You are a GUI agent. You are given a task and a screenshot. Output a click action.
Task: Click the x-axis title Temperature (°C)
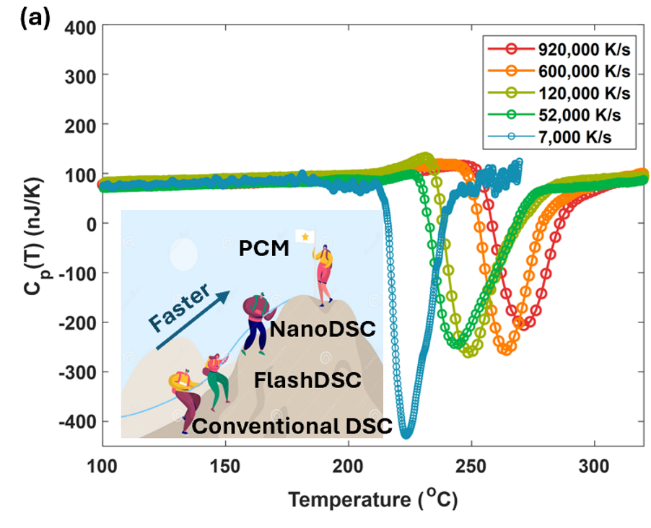click(373, 498)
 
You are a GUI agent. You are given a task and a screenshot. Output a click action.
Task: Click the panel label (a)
click(35, 18)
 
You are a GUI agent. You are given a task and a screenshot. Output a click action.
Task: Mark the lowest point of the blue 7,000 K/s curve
click(407, 435)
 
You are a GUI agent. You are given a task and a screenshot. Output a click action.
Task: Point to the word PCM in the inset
click(263, 249)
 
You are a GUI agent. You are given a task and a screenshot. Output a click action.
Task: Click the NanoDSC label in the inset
click(323, 330)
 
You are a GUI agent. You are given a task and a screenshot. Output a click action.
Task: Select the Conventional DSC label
click(292, 426)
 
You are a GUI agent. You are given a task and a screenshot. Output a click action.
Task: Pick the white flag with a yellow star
click(305, 237)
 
